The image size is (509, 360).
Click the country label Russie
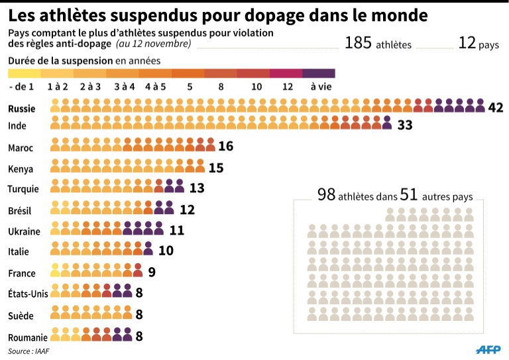coord(22,108)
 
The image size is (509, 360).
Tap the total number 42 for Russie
coord(496,107)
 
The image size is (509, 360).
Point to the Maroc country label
coord(20,148)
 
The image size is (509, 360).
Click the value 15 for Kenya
coord(216,168)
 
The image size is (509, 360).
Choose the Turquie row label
coord(23,189)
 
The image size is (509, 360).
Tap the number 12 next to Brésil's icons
coord(187,210)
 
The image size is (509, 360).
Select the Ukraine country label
coord(24,231)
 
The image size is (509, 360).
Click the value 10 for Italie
coord(165,251)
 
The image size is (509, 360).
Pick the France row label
coord(22,272)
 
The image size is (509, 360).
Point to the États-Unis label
coord(28,293)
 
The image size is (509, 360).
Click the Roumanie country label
coord(27,337)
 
